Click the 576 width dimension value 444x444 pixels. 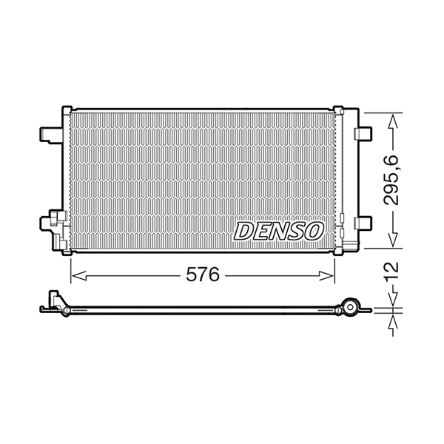(203, 275)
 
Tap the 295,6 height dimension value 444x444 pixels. (391, 180)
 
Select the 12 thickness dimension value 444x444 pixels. (391, 271)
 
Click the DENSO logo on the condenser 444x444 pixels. (279, 231)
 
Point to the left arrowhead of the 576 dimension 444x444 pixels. (78, 275)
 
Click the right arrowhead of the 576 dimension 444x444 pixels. (327, 275)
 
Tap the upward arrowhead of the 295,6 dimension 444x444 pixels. (393, 121)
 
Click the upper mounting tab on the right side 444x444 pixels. (363, 134)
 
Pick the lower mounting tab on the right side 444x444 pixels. (363, 223)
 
